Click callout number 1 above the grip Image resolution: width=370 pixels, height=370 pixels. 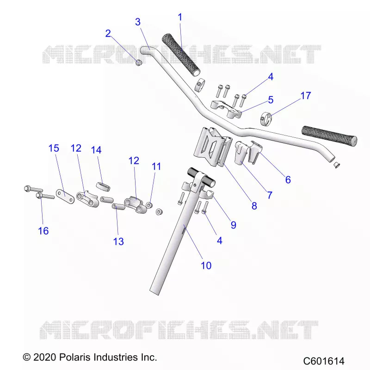point(180,17)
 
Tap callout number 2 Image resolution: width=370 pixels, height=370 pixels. point(108,33)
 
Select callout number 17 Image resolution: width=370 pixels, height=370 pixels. point(306,96)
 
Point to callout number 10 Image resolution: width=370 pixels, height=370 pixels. point(206,265)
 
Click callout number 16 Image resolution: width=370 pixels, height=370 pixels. point(43,231)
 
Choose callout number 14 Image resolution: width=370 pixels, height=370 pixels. point(96,150)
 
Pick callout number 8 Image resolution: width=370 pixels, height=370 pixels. point(254,206)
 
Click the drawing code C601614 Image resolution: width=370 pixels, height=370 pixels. point(324,361)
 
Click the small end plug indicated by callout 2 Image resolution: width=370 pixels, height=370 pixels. point(139,62)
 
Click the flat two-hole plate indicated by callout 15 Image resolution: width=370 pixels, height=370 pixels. point(65,196)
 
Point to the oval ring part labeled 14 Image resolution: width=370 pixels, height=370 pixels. point(103,185)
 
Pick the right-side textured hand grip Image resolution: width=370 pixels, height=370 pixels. point(329,136)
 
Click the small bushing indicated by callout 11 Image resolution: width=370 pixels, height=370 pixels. point(149,205)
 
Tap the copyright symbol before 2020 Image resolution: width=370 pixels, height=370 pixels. point(26,357)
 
